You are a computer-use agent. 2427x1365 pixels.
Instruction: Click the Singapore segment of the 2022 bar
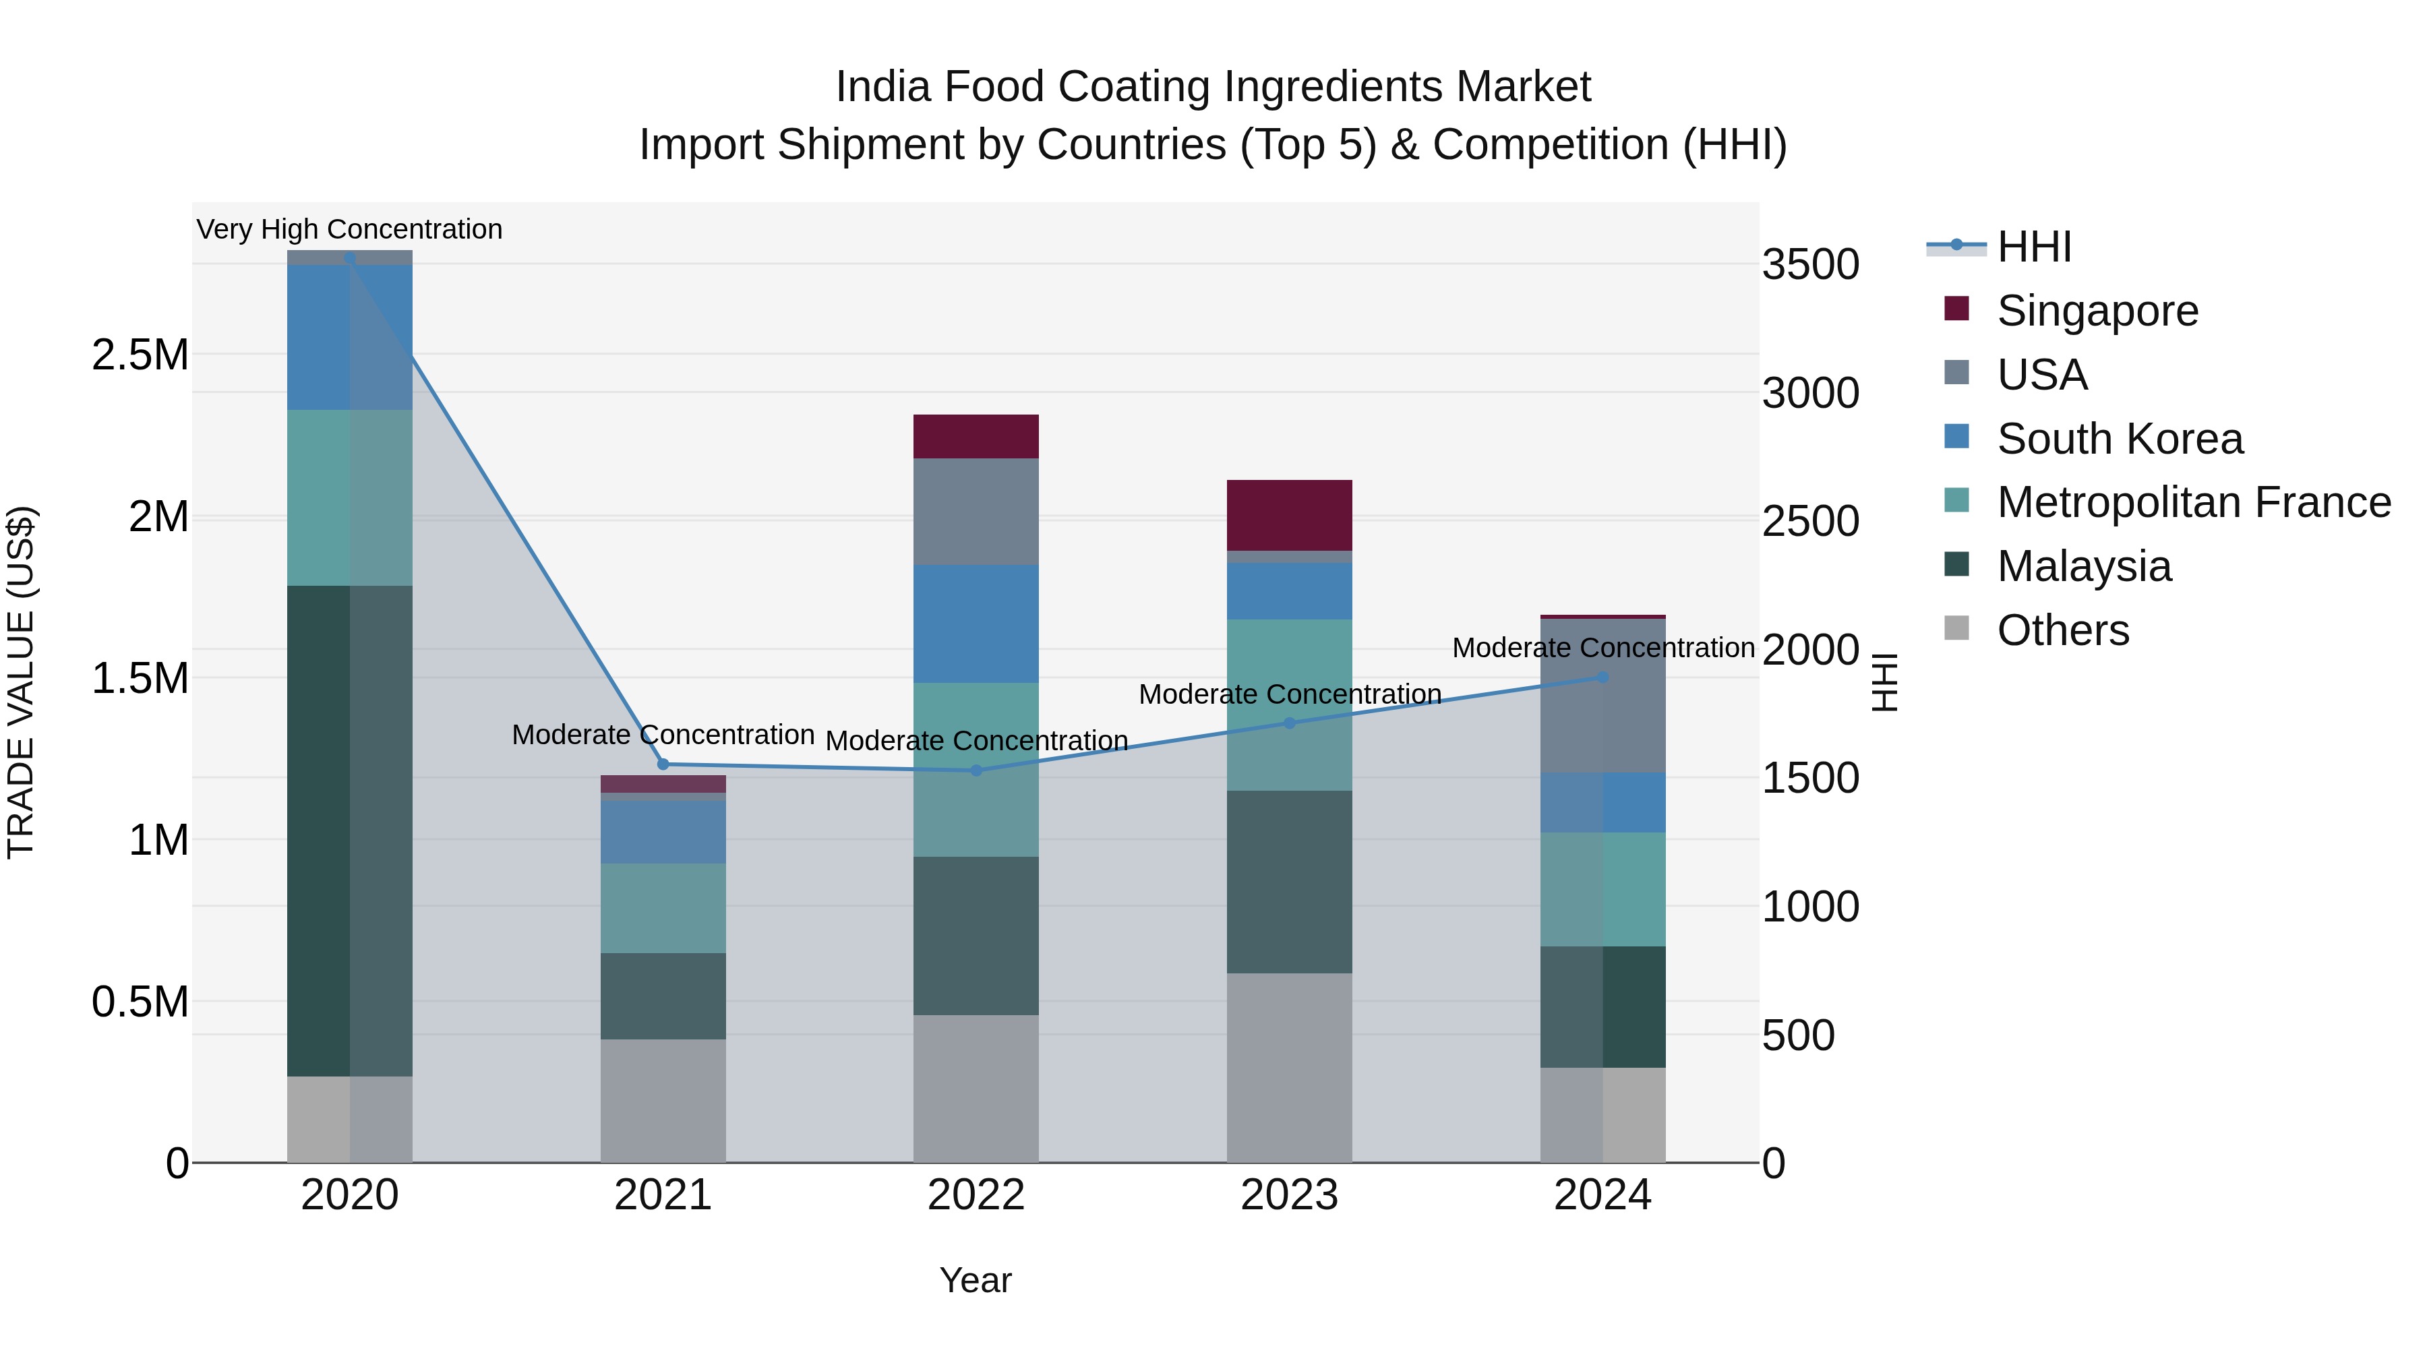pos(976,436)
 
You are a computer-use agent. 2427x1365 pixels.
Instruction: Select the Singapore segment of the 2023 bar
pos(1289,515)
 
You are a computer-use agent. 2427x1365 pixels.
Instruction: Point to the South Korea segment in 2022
pos(976,624)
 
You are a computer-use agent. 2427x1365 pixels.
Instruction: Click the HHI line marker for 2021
pos(663,764)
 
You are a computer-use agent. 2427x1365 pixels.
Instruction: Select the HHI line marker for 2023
pos(1290,723)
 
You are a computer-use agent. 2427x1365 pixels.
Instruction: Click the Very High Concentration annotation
pos(349,229)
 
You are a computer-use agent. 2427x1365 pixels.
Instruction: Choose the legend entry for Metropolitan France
pos(2193,502)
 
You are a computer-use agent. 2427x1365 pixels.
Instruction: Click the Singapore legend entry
pos(2097,311)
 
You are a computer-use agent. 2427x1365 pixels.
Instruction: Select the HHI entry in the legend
pos(2033,247)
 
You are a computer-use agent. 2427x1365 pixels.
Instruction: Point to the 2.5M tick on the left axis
pos(140,355)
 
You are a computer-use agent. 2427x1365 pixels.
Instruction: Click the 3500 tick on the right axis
pos(1810,265)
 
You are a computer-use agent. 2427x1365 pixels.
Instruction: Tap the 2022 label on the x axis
pos(976,1195)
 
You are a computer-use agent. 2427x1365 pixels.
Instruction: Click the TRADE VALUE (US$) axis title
pos(22,682)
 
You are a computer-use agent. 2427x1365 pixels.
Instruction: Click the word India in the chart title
pos(884,88)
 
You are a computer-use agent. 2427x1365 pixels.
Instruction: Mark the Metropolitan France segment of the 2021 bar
pos(663,908)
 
